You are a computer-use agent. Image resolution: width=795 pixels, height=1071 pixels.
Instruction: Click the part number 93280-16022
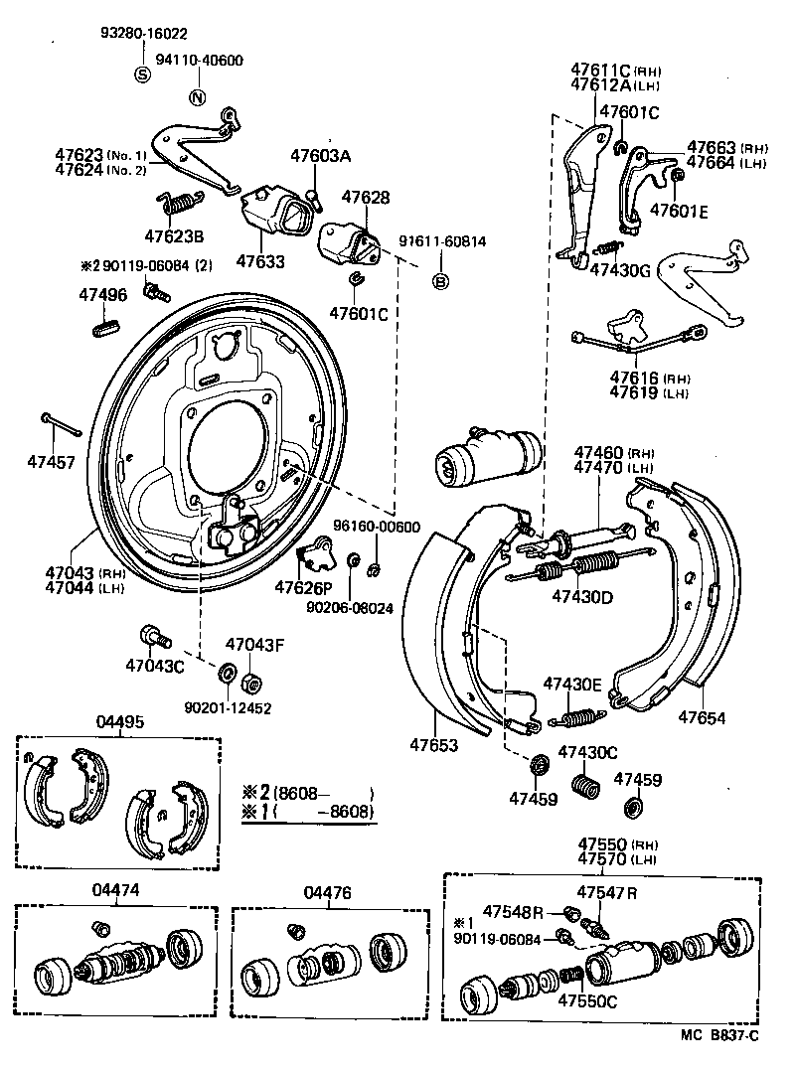(x=144, y=33)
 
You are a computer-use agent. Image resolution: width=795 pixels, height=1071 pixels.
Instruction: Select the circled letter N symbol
(x=197, y=97)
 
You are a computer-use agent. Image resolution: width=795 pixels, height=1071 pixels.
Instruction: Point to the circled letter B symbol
(x=440, y=282)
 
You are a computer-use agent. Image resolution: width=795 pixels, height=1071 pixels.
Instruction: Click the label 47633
(x=260, y=262)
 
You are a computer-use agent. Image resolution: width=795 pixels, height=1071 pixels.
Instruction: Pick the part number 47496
(x=103, y=294)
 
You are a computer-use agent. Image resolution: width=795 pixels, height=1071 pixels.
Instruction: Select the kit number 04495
(x=118, y=721)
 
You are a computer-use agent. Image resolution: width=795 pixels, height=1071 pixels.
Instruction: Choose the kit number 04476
(x=327, y=892)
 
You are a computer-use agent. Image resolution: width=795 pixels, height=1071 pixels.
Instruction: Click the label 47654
(x=704, y=716)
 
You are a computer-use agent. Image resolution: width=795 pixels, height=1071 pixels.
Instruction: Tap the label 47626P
(x=304, y=585)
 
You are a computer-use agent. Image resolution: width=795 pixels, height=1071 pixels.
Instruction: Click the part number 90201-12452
(x=228, y=707)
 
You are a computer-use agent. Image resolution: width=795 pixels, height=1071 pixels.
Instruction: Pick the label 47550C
(x=587, y=1000)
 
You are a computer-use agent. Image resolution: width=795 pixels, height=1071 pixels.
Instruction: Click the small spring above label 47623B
(x=181, y=203)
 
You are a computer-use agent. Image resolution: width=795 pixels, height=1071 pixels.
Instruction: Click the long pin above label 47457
(x=60, y=423)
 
